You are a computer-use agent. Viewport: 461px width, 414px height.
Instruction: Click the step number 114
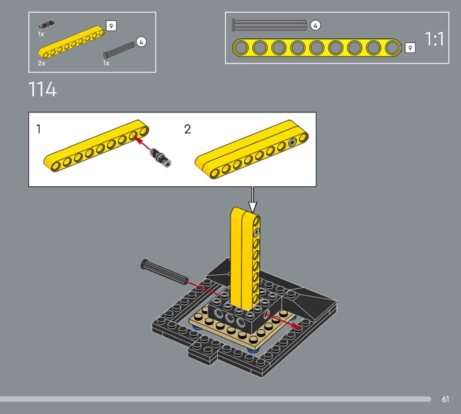click(x=42, y=89)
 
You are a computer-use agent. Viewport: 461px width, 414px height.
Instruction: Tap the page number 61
click(x=445, y=399)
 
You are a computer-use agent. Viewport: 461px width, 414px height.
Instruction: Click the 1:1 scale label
click(x=434, y=39)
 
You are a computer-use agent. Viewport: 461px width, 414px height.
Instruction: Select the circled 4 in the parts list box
click(x=141, y=42)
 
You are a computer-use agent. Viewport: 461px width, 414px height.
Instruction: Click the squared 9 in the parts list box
click(x=111, y=26)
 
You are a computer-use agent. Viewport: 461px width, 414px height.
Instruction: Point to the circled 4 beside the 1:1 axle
click(x=315, y=25)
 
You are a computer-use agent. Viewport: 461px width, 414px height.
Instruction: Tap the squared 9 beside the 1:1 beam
click(x=410, y=48)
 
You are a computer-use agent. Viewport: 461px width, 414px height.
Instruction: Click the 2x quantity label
click(x=41, y=63)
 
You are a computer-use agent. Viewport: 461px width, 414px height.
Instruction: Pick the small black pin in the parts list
click(x=47, y=24)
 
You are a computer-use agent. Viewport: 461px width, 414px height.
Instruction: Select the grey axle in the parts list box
click(x=119, y=50)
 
